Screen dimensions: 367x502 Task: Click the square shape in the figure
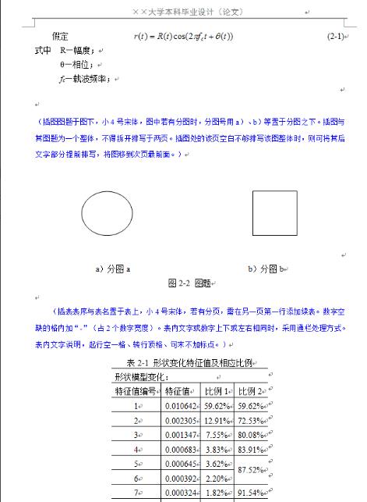(274, 212)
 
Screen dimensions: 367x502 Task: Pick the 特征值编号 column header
(136, 391)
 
